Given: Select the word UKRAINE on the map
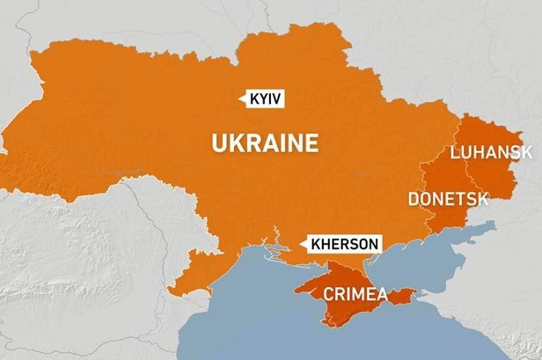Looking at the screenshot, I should [265, 143].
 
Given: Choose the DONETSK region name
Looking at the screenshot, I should [448, 199].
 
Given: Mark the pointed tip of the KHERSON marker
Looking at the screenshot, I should [301, 244].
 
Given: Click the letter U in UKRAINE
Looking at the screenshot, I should [219, 143].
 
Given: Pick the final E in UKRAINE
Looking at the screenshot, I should [311, 143].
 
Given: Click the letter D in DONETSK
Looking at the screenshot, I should [414, 199].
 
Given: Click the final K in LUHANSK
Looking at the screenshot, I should [517, 151].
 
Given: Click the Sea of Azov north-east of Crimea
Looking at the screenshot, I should [436, 247].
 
